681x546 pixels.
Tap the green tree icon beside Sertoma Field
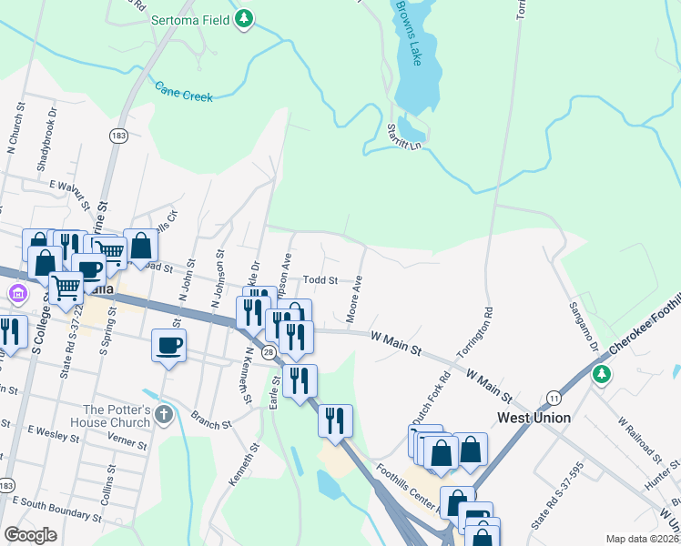243,18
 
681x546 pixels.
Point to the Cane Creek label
183,91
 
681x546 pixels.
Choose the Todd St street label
320,280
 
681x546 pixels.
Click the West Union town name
534,418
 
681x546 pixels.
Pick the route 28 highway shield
269,352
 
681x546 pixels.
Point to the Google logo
30,535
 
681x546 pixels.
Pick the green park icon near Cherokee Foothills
601,374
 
